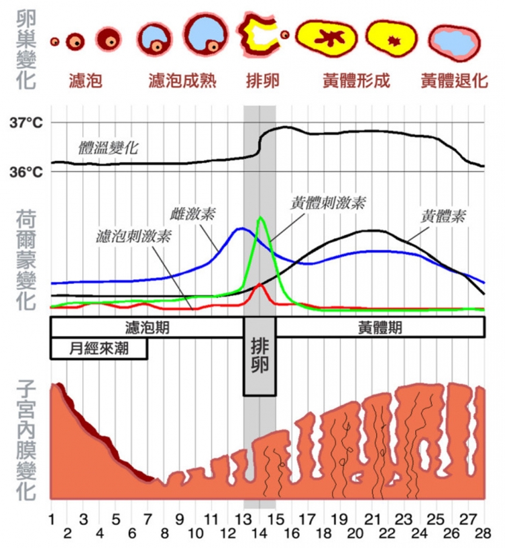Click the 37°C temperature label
(x=26, y=123)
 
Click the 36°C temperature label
(x=26, y=171)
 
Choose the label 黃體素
(x=444, y=217)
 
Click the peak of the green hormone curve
(x=261, y=217)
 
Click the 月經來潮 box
(x=99, y=348)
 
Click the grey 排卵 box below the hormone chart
(x=260, y=365)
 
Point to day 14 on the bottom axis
(x=260, y=533)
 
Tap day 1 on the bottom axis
(x=52, y=520)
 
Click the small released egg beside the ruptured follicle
(x=285, y=34)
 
